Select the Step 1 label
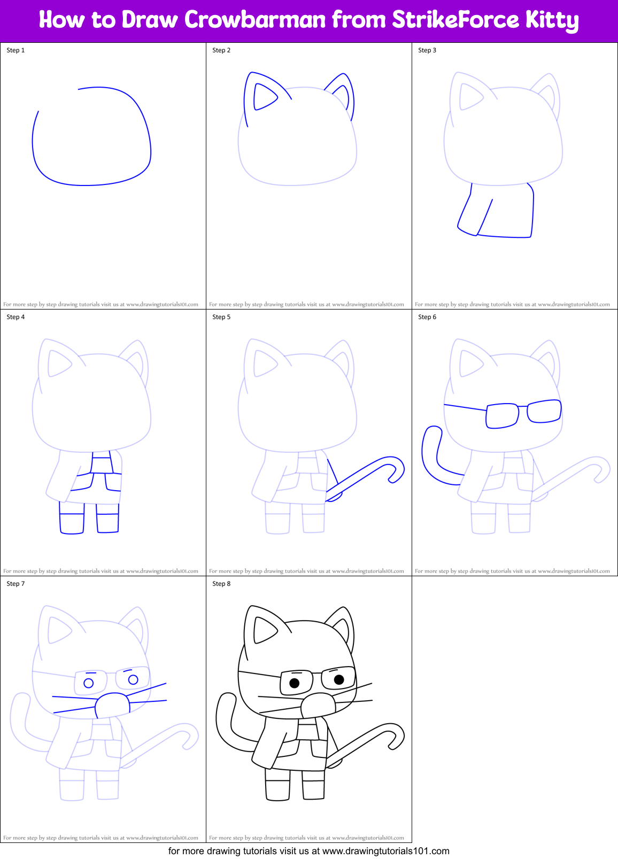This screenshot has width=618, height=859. tap(16, 50)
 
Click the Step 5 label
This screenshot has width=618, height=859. tap(221, 317)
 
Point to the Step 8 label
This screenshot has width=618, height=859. tap(221, 584)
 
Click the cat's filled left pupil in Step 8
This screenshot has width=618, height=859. tap(294, 683)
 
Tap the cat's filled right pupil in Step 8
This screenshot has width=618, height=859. tap(338, 679)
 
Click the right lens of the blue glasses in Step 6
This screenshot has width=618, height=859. tap(544, 411)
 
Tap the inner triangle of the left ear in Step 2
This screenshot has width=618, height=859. tap(262, 97)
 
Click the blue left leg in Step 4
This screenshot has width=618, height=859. tap(72, 523)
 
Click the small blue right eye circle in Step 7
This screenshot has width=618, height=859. tap(133, 679)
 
